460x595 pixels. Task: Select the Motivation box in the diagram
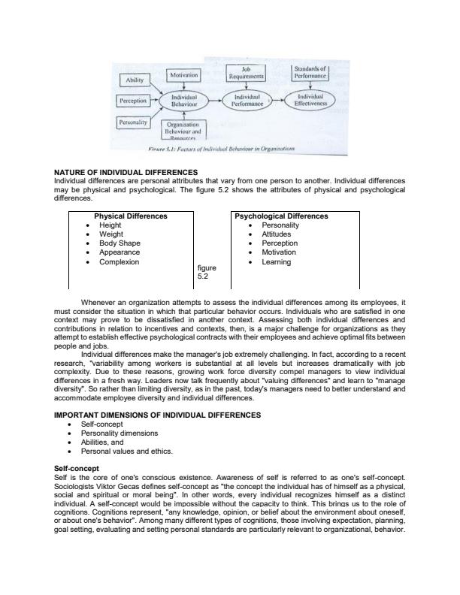pos(183,75)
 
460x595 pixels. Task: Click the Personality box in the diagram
pos(134,121)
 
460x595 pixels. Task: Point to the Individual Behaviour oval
pos(183,101)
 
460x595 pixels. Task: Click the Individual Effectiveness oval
pos(310,101)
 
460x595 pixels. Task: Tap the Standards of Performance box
pos(310,72)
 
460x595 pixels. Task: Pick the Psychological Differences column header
pos(281,216)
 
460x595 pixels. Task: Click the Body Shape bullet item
pos(120,243)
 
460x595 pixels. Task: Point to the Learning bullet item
pos(276,262)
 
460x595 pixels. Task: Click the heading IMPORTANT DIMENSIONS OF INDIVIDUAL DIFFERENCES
pos(158,415)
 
